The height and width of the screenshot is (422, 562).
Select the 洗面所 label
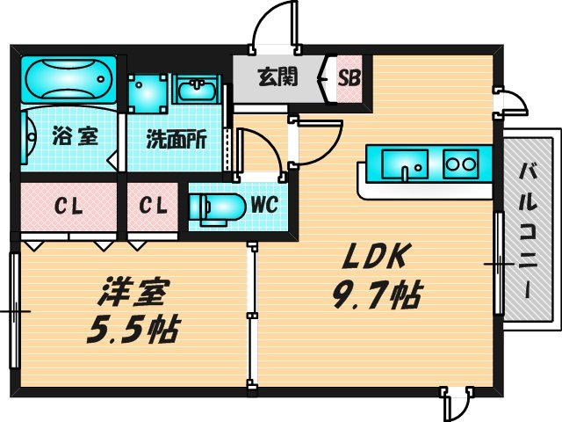tap(176, 139)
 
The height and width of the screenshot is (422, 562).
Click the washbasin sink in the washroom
tap(198, 91)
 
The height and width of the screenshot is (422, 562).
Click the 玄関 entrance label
tap(277, 76)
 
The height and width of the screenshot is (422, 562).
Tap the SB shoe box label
tap(349, 76)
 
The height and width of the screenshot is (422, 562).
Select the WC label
tap(264, 206)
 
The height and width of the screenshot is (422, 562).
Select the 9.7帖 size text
tap(375, 293)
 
